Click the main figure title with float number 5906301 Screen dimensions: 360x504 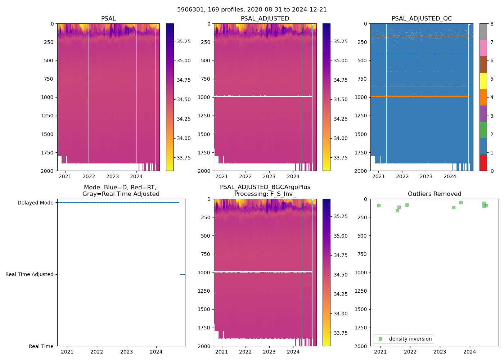pyautogui.click(x=252, y=10)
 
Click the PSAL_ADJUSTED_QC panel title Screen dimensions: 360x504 pyautogui.click(x=422, y=18)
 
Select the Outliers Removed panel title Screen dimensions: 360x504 pyautogui.click(x=434, y=194)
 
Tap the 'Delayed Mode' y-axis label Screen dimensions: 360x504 pyautogui.click(x=35, y=203)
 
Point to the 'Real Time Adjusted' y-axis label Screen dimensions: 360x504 pyautogui.click(x=29, y=274)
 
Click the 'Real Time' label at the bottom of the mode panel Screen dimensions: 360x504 pyautogui.click(x=41, y=346)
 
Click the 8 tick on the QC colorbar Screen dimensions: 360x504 pyautogui.click(x=492, y=24)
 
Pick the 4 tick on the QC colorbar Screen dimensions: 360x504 pyautogui.click(x=492, y=97)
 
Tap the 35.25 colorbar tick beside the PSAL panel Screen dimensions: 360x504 pyautogui.click(x=184, y=41)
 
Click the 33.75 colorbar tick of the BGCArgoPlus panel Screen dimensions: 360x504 pyautogui.click(x=341, y=333)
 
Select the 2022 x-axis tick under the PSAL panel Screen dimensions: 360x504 pyautogui.click(x=89, y=176)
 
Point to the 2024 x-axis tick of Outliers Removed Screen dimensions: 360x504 pyautogui.click(x=469, y=352)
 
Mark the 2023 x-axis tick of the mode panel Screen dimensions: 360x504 pyautogui.click(x=126, y=352)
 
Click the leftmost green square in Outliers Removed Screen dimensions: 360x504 pyautogui.click(x=379, y=206)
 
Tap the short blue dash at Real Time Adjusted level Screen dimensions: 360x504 pyautogui.click(x=183, y=274)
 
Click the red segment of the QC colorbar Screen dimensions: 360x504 pyautogui.click(x=483, y=162)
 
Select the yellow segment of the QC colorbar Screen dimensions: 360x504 pyautogui.click(x=483, y=81)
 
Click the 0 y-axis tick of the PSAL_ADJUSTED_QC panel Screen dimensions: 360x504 pyautogui.click(x=365, y=24)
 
